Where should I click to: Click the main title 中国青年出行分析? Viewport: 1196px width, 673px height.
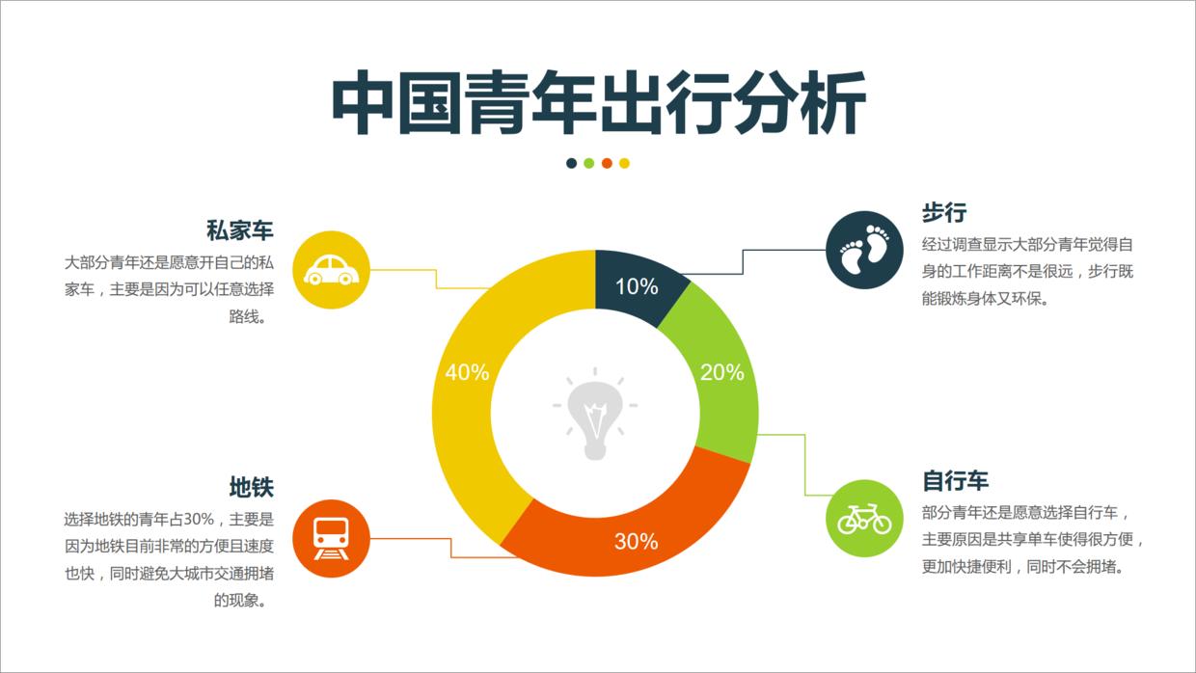tap(598, 101)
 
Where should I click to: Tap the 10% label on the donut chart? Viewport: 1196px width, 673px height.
tap(637, 286)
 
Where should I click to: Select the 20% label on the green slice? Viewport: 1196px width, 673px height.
tap(721, 372)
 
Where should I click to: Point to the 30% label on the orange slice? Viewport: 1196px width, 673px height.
tap(637, 542)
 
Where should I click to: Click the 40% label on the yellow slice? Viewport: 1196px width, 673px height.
tap(468, 372)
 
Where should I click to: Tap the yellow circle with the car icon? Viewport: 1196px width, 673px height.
tap(331, 269)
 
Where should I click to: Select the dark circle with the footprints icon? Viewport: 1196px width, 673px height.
tap(864, 250)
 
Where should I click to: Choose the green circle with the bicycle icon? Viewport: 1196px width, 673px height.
tap(864, 518)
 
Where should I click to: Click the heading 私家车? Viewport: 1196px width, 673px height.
tap(240, 231)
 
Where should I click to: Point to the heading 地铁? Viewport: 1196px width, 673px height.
tap(252, 487)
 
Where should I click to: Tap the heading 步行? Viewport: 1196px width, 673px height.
tap(943, 213)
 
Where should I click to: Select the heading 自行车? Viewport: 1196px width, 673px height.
tap(955, 480)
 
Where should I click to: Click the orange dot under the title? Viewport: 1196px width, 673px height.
tap(607, 163)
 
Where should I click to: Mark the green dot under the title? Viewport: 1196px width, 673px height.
tap(589, 163)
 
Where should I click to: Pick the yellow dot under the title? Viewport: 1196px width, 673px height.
tap(624, 163)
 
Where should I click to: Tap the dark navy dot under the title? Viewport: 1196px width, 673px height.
tap(572, 163)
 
